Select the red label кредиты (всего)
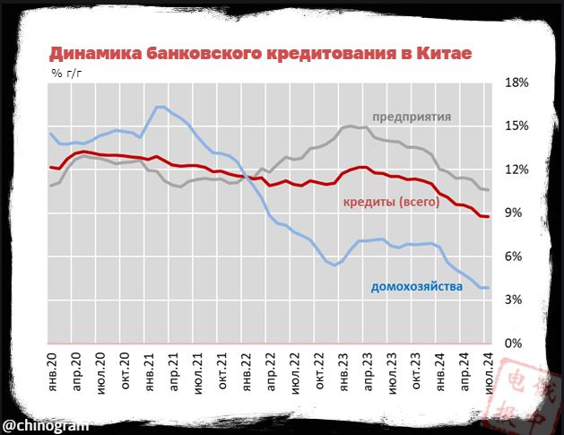pyautogui.click(x=391, y=203)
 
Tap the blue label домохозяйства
pyautogui.click(x=416, y=287)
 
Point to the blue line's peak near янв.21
pyautogui.click(x=159, y=107)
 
